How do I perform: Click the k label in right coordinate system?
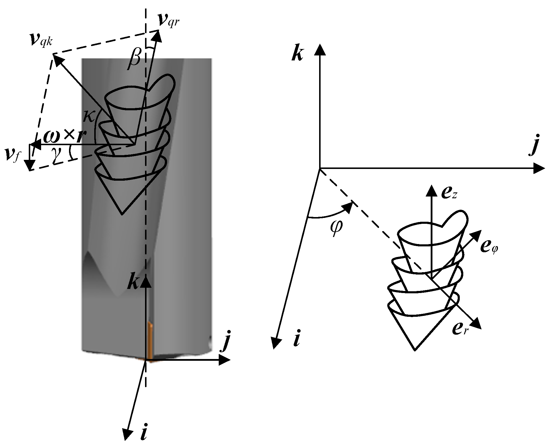(297, 54)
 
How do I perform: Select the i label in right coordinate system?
(297, 341)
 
